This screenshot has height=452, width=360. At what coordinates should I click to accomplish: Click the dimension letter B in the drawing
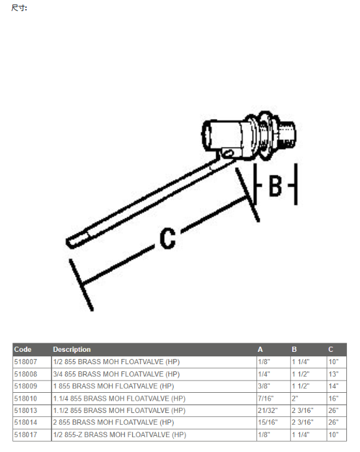tap(275, 186)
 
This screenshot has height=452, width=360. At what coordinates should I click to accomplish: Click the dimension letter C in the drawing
tap(168, 238)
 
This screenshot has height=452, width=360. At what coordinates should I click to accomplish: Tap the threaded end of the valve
tap(287, 133)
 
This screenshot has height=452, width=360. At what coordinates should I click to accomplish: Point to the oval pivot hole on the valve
tap(228, 153)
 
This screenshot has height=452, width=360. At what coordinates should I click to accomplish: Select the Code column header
tap(23, 349)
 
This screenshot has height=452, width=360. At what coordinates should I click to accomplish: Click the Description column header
tap(72, 349)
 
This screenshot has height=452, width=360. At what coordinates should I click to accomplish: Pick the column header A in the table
tap(260, 349)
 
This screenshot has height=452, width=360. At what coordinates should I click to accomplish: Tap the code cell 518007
tap(25, 362)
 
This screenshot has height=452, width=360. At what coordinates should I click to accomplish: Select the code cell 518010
tap(25, 399)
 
